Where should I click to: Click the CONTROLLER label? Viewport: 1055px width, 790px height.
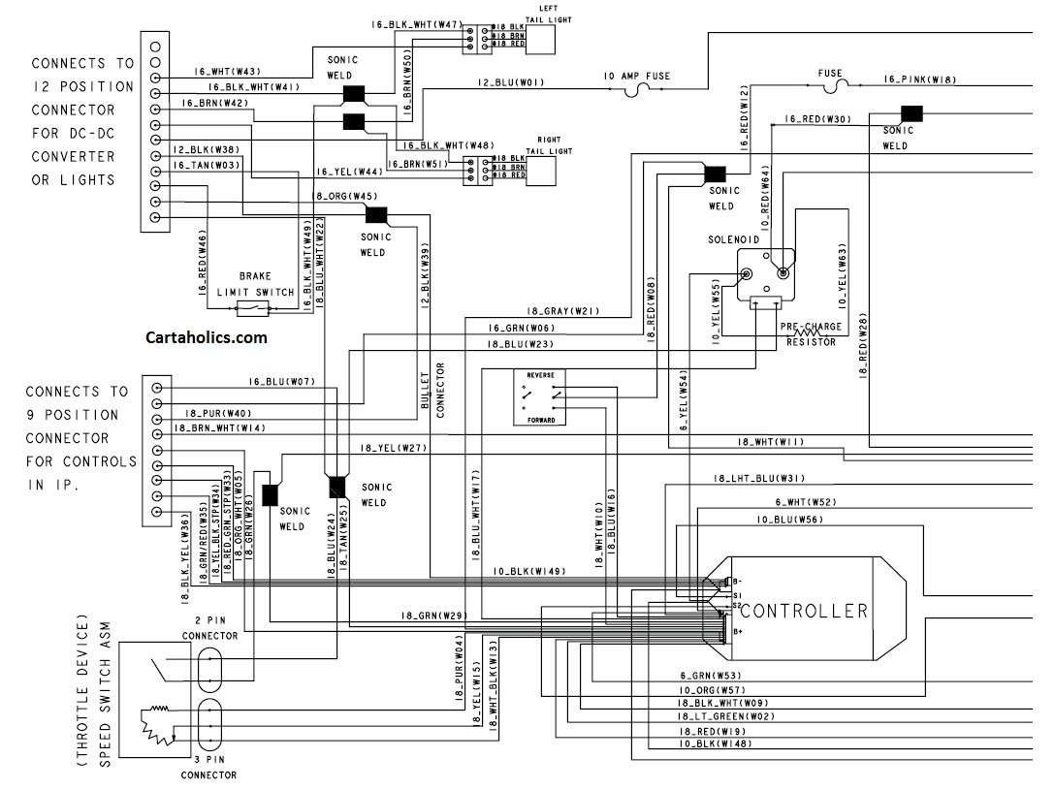[803, 611]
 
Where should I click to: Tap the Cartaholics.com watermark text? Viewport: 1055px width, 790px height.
[206, 338]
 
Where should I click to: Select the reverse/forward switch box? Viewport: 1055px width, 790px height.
[540, 397]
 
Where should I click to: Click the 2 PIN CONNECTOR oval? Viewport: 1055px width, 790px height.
[209, 669]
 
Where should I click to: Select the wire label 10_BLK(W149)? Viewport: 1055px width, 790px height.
[528, 572]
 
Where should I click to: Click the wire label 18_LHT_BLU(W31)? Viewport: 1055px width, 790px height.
[759, 479]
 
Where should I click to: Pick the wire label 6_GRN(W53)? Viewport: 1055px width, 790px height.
[710, 676]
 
